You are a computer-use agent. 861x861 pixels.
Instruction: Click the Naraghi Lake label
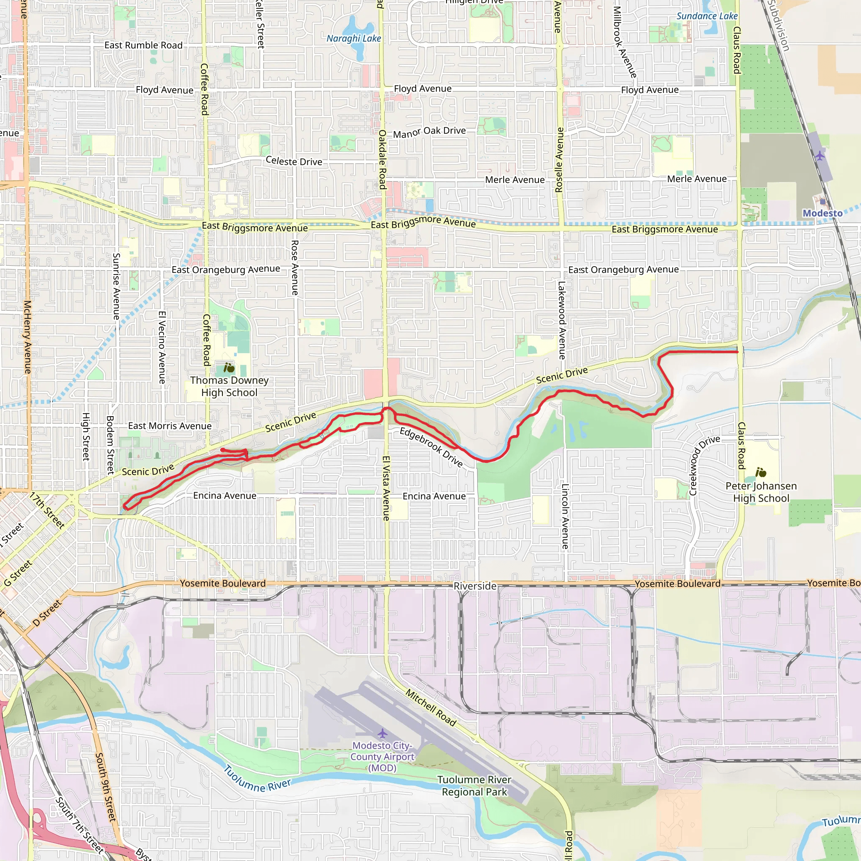click(354, 39)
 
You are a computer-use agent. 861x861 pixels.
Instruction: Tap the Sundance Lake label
click(707, 16)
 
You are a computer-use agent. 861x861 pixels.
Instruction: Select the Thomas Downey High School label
click(229, 386)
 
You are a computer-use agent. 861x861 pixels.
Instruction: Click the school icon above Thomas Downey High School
click(229, 368)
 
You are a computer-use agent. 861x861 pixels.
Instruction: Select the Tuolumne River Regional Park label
click(474, 786)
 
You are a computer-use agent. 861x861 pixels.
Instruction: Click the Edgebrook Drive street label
click(431, 447)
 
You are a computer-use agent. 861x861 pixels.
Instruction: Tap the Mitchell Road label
click(430, 707)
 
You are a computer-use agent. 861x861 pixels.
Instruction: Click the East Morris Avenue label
click(170, 426)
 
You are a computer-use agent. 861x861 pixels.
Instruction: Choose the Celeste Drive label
click(294, 161)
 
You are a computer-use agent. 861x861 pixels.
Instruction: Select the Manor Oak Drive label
click(429, 132)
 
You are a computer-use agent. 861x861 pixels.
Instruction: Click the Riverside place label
click(475, 586)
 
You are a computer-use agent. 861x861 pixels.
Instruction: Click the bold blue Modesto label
click(822, 214)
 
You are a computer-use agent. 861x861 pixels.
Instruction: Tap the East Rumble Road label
click(143, 45)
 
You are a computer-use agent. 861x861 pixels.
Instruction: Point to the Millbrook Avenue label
click(624, 42)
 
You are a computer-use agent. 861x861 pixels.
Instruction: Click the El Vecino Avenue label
click(162, 347)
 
